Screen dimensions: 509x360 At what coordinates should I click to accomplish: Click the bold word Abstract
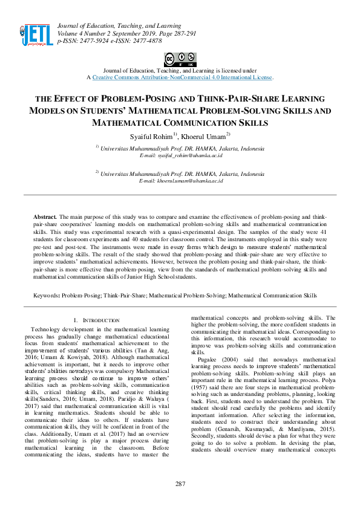click(x=44, y=216)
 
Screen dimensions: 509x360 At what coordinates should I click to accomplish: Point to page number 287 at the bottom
click(x=180, y=484)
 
